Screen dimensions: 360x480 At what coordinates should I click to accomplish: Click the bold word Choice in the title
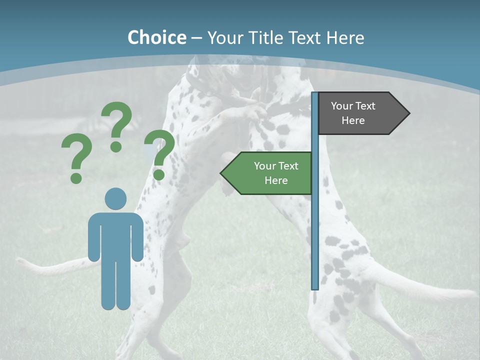[156, 37]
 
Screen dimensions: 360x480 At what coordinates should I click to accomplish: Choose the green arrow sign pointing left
[270, 173]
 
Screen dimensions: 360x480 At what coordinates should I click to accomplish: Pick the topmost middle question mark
[116, 125]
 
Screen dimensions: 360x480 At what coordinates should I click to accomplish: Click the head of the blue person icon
[115, 198]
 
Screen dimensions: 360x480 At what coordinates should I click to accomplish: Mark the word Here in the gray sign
[353, 120]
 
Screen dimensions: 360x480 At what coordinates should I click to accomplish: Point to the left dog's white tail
[50, 267]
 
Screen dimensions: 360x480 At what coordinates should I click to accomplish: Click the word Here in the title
[345, 38]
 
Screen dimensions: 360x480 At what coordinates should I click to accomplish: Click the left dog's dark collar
[200, 85]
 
